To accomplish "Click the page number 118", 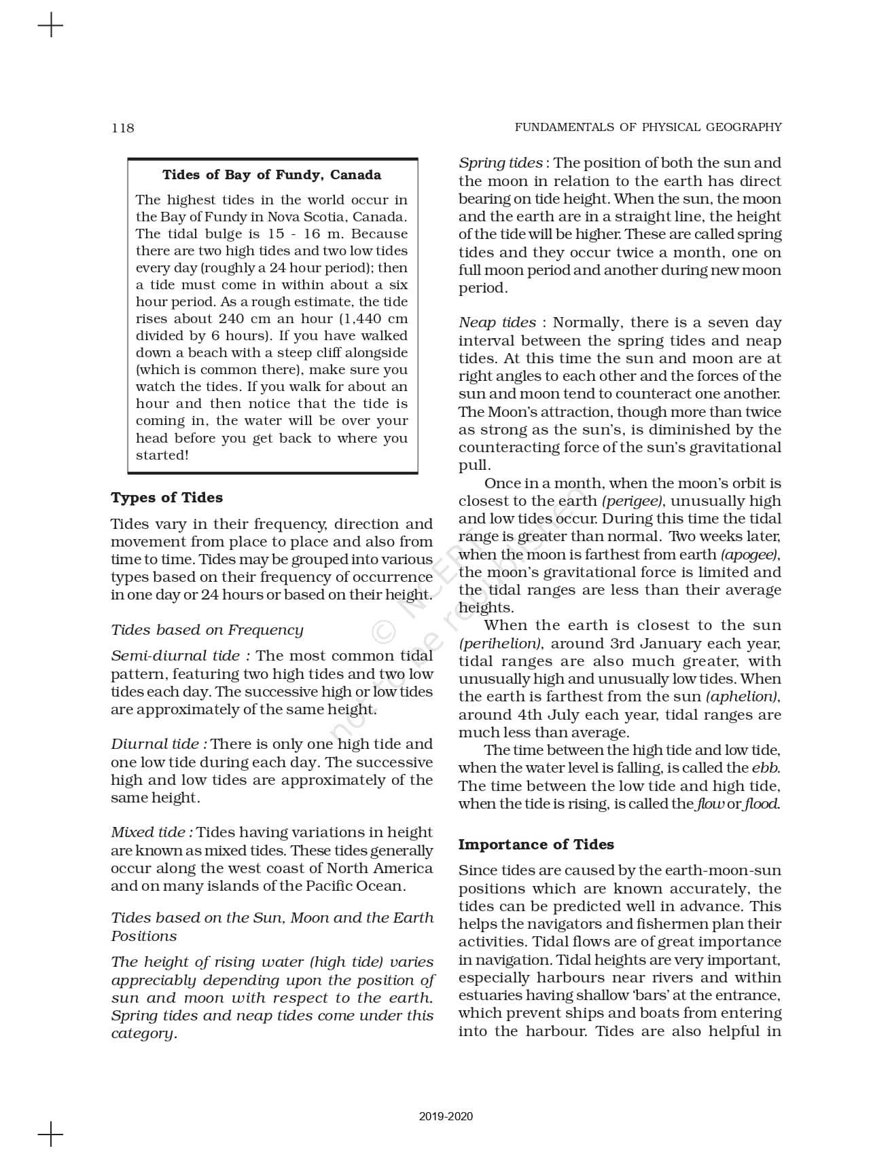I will pyautogui.click(x=123, y=128).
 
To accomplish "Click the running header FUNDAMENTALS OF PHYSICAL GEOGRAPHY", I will pyautogui.click(x=647, y=127).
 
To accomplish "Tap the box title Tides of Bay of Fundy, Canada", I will pyautogui.click(x=272, y=175).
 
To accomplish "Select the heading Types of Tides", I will pyautogui.click(x=166, y=498).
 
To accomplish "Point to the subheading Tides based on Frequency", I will pyautogui.click(x=207, y=630).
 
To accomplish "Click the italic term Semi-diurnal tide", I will pyautogui.click(x=175, y=656).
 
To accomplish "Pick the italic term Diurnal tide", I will pyautogui.click(x=155, y=744).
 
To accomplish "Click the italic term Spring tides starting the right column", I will pyautogui.click(x=500, y=163).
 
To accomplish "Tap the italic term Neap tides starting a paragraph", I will pyautogui.click(x=497, y=322).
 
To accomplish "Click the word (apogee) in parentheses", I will pyautogui.click(x=749, y=555).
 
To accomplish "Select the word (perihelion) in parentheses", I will pyautogui.click(x=500, y=644).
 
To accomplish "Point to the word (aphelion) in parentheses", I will pyautogui.click(x=742, y=697).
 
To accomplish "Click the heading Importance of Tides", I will pyautogui.click(x=536, y=845).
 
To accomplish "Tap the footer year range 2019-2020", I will pyautogui.click(x=446, y=1117).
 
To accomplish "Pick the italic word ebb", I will pyautogui.click(x=765, y=768).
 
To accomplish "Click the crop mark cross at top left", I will pyautogui.click(x=50, y=26).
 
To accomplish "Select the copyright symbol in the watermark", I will pyautogui.click(x=384, y=632).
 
